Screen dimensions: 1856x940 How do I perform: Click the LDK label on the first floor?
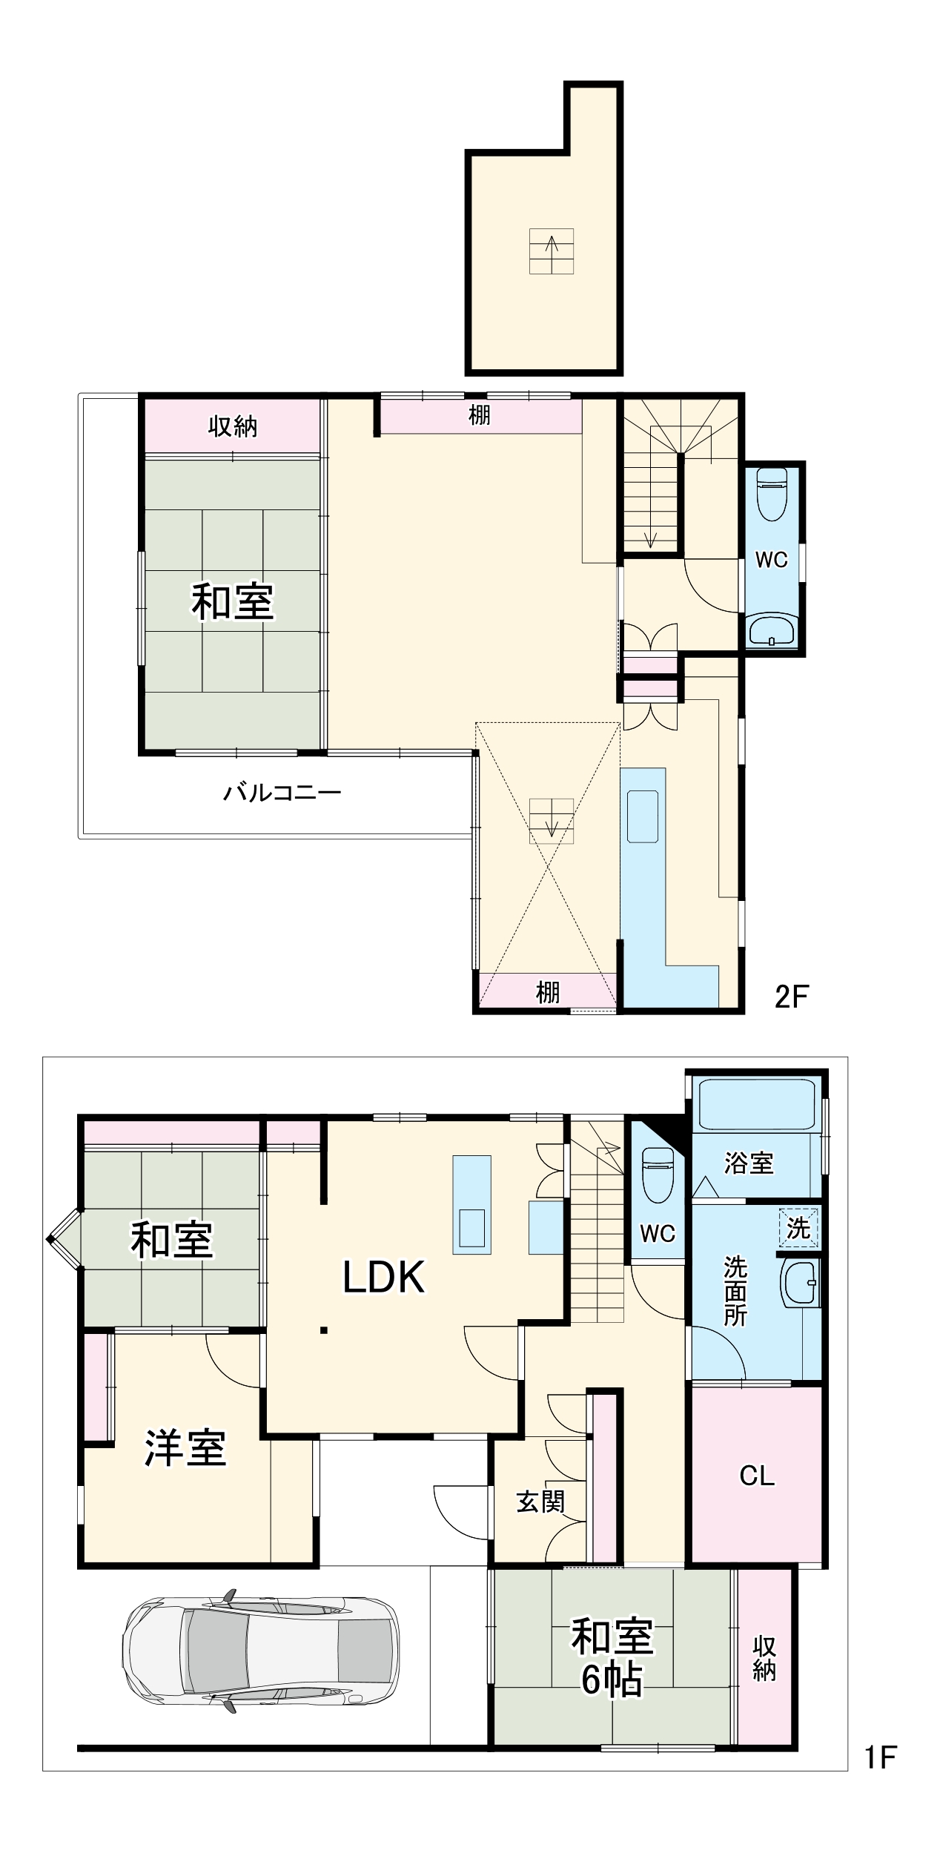click(x=383, y=1276)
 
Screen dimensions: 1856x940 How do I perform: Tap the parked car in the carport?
click(x=260, y=1658)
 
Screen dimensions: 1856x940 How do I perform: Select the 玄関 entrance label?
click(x=540, y=1502)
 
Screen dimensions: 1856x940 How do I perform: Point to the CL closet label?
click(x=757, y=1476)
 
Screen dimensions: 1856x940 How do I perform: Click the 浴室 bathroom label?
click(x=749, y=1163)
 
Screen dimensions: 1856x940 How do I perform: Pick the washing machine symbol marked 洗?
click(x=798, y=1228)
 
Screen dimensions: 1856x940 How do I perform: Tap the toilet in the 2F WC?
click(x=772, y=493)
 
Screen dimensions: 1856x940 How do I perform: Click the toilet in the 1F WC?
click(x=657, y=1174)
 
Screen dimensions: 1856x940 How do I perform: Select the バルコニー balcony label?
click(x=282, y=793)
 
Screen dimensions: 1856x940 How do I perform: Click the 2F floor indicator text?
click(x=791, y=997)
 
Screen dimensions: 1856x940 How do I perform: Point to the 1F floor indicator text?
click(x=881, y=1757)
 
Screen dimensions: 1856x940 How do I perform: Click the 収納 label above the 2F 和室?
click(x=232, y=426)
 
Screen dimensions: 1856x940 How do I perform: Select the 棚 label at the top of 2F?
click(x=480, y=415)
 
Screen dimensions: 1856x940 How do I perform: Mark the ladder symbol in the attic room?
click(x=552, y=251)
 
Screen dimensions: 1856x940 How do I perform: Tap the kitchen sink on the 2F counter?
click(x=642, y=816)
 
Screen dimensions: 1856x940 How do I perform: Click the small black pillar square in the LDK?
click(x=324, y=1330)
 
